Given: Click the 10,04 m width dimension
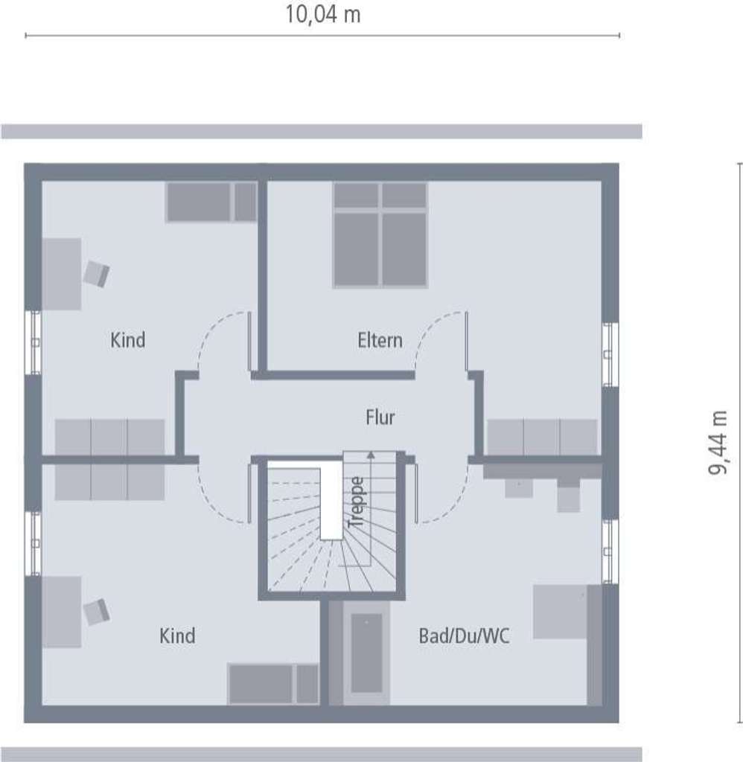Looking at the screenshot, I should (x=323, y=15).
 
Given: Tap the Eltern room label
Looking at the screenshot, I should (x=380, y=341).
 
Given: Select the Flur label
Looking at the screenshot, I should (x=380, y=417).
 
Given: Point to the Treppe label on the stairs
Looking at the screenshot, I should (x=357, y=502).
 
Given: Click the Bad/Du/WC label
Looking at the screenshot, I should (x=465, y=636).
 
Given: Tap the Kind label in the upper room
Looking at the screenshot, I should (x=128, y=341).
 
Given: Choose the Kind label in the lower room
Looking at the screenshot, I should (x=177, y=636).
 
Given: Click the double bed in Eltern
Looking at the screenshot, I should (x=380, y=234).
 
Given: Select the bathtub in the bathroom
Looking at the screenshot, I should (x=366, y=653).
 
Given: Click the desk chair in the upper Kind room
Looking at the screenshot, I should (x=96, y=273).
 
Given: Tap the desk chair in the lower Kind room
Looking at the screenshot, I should (x=96, y=612).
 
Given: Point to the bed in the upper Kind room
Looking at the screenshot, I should (x=211, y=202).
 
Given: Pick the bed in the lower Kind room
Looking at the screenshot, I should (x=273, y=684).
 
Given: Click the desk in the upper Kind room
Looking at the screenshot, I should (x=61, y=274).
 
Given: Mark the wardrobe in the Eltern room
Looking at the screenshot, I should (x=542, y=437).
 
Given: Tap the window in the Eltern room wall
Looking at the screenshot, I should (x=609, y=354).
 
